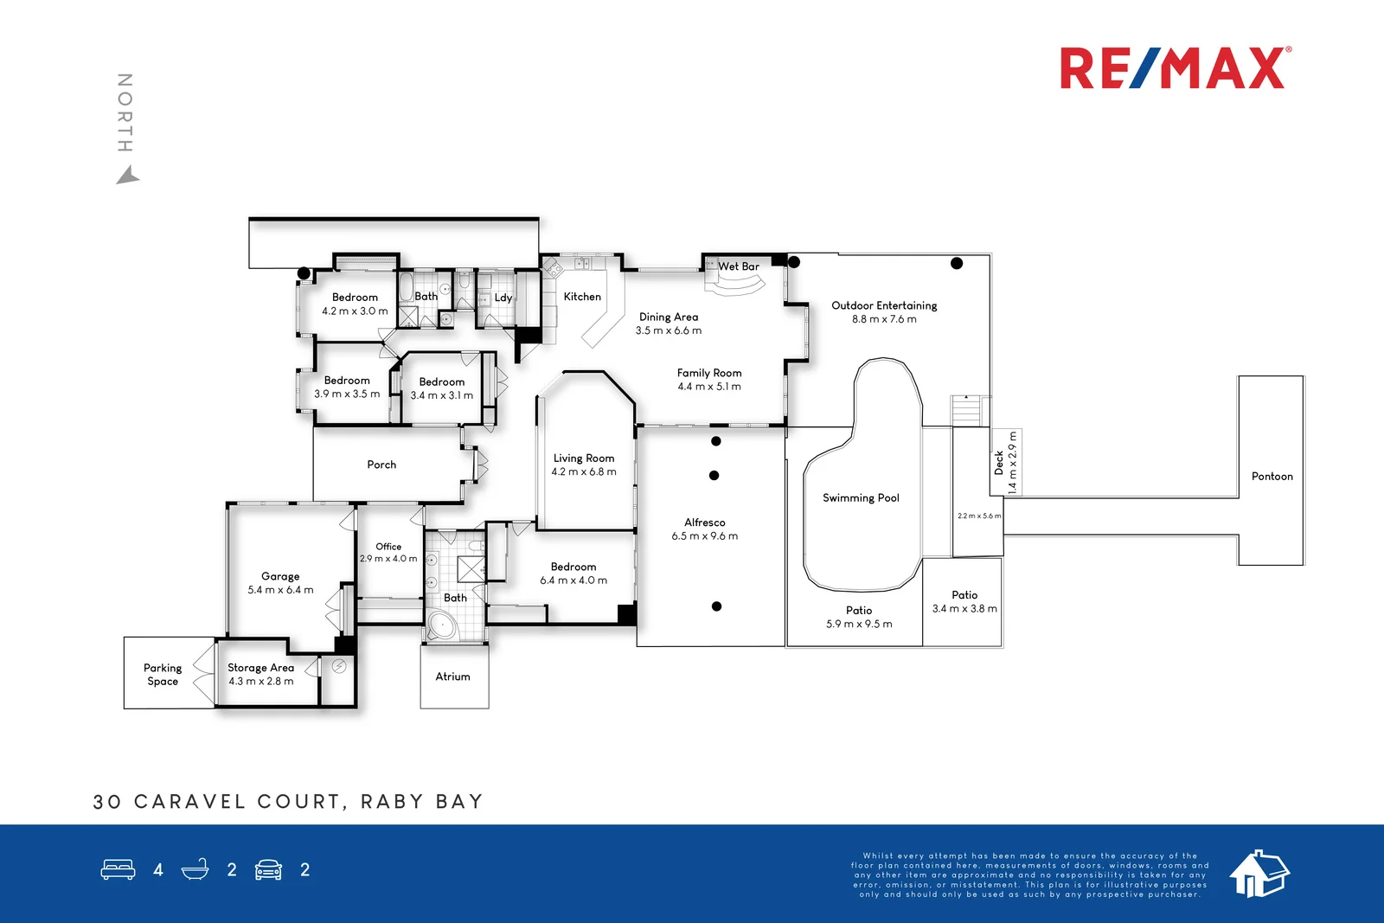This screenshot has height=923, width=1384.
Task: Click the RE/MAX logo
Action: (1175, 68)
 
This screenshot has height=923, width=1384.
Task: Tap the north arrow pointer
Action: (127, 176)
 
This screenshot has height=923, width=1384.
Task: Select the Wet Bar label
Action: (739, 266)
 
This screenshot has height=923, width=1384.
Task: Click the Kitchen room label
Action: (582, 297)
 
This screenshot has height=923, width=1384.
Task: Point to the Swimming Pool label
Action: (861, 498)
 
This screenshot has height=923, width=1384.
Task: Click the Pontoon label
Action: (1272, 477)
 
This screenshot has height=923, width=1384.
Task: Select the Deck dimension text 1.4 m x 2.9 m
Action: (1013, 463)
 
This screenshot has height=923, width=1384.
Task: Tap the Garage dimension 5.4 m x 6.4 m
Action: (280, 590)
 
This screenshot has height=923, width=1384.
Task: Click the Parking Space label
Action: (163, 675)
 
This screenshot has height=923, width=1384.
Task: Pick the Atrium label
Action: (452, 676)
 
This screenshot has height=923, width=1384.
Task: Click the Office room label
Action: (388, 547)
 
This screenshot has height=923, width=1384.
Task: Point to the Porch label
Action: (381, 465)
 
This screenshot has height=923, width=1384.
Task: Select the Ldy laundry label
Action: (503, 298)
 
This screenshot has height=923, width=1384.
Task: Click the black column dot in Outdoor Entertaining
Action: (957, 264)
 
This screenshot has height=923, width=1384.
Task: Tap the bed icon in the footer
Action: (119, 869)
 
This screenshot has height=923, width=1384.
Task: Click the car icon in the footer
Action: (268, 869)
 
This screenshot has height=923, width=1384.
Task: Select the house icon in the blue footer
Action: (1259, 873)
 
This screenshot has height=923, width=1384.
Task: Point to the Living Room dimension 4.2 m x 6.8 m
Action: (584, 472)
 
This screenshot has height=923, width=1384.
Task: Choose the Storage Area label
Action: (260, 668)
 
